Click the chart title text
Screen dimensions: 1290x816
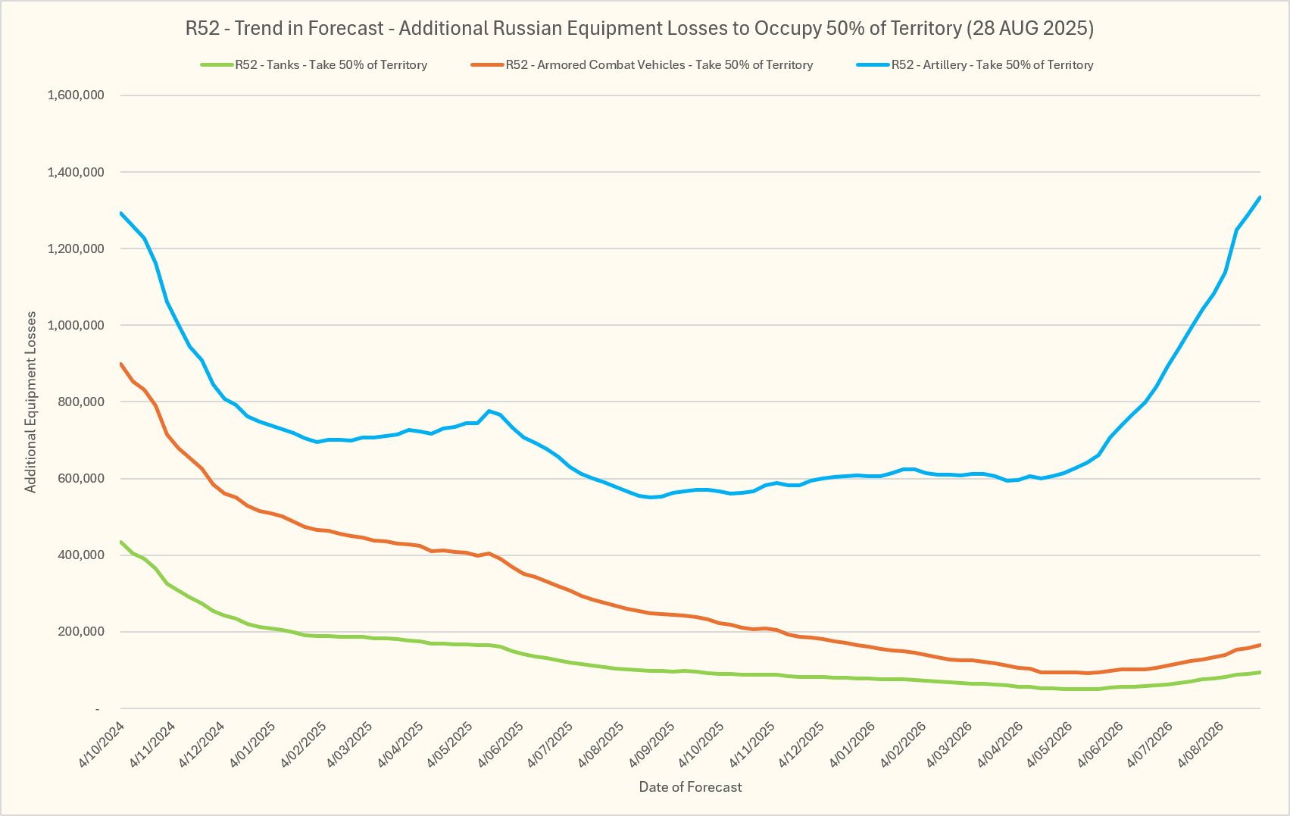tap(639, 28)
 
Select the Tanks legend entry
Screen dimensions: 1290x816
tap(314, 65)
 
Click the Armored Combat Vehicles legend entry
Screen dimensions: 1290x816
tap(642, 65)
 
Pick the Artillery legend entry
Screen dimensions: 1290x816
tap(975, 65)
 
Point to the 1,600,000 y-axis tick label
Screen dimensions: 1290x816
tap(76, 95)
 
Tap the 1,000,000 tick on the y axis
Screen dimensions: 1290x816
tap(76, 325)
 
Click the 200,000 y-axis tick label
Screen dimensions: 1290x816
tap(80, 632)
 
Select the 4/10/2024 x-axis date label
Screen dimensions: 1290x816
tap(102, 743)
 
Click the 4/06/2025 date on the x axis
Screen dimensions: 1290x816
tap(501, 743)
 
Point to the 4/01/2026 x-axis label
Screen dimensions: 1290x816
tap(851, 743)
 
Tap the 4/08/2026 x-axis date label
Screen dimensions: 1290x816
tap(1202, 743)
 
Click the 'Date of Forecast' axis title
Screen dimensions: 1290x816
tap(691, 787)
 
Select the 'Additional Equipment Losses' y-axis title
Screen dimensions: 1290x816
tap(30, 402)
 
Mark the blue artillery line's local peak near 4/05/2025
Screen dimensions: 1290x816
tap(489, 411)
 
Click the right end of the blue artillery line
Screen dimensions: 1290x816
tap(1260, 198)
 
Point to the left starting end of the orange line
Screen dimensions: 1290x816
tap(121, 364)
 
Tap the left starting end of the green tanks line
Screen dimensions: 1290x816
tap(121, 542)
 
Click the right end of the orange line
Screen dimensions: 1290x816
tap(1260, 645)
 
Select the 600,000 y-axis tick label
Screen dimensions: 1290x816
tap(80, 479)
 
